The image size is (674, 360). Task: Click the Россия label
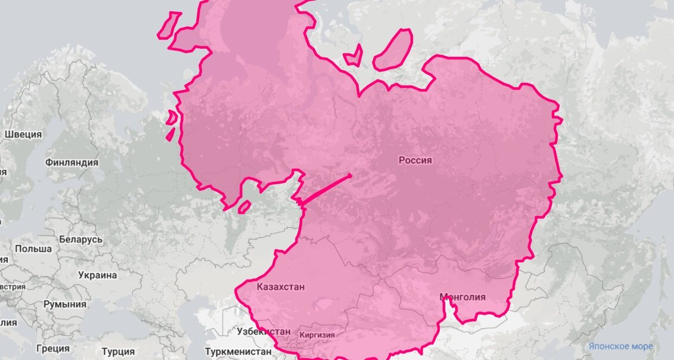[415, 160]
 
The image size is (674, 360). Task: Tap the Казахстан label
[281, 287]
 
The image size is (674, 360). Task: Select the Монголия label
[462, 297]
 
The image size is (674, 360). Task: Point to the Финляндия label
[72, 162]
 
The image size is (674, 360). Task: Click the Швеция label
[23, 134]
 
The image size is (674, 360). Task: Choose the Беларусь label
[80, 240]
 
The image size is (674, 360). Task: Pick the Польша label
[33, 249]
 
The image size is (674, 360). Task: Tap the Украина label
[97, 275]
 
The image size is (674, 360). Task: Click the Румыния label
[64, 304]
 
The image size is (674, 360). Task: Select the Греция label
[52, 348]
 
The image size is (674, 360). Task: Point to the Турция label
[118, 350]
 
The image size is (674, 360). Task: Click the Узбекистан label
[263, 331]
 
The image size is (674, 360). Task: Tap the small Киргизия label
[317, 335]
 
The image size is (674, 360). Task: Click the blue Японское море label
[620, 346]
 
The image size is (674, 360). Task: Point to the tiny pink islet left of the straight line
[244, 207]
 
